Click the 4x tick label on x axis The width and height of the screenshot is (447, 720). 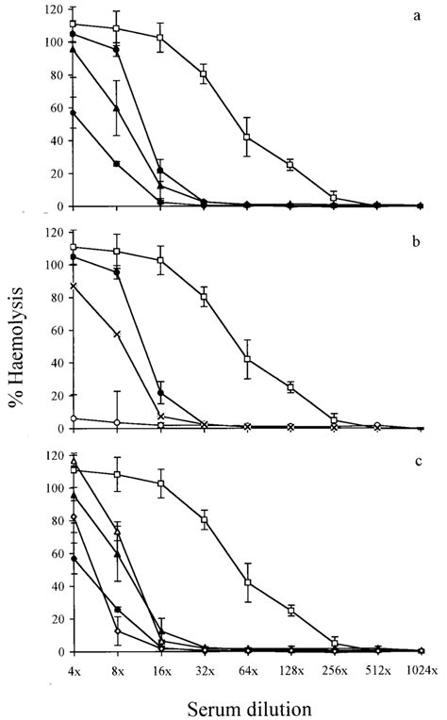tap(74, 670)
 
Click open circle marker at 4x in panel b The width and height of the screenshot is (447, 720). tap(74, 418)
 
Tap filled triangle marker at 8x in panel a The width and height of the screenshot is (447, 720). tap(117, 108)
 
